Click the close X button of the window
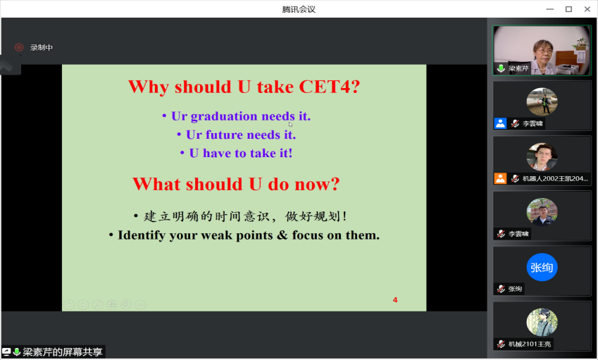pyautogui.click(x=587, y=9)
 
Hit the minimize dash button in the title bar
pyautogui.click(x=550, y=9)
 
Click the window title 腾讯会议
pyautogui.click(x=299, y=9)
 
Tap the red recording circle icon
pyautogui.click(x=19, y=47)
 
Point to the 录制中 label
pyautogui.click(x=42, y=47)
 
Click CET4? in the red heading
pyautogui.click(x=330, y=87)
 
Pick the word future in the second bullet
pyautogui.click(x=224, y=135)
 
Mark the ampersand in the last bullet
pyautogui.click(x=282, y=235)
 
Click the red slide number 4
pyautogui.click(x=395, y=300)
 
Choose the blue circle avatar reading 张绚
pyautogui.click(x=542, y=267)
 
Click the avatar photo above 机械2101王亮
pyautogui.click(x=542, y=322)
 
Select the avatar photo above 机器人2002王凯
pyautogui.click(x=542, y=156)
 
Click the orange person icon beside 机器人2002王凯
pyautogui.click(x=500, y=178)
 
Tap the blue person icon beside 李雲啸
pyautogui.click(x=500, y=123)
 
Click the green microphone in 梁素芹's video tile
pyautogui.click(x=501, y=68)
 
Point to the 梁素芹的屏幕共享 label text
pyautogui.click(x=63, y=352)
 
